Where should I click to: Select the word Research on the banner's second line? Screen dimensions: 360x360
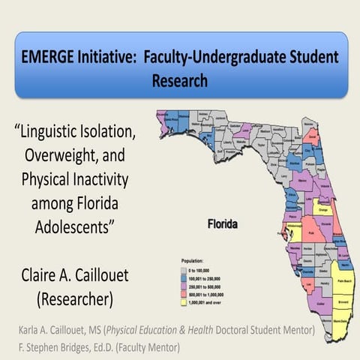tap(180, 79)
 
